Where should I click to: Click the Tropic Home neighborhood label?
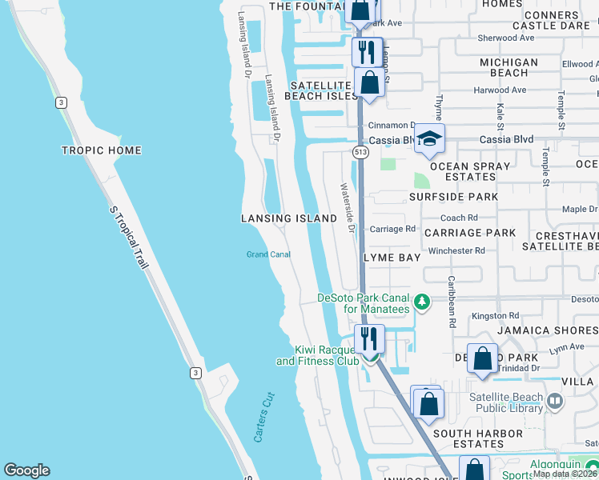tap(102, 150)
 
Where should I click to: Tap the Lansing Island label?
tap(289, 218)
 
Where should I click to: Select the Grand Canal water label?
tap(267, 254)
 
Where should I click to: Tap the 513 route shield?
tap(360, 150)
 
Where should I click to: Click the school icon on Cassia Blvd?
tap(429, 138)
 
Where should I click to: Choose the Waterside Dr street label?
tap(348, 206)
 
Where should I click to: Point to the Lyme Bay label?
tap(392, 258)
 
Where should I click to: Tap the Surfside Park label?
tap(452, 196)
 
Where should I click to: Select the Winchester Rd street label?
tap(457, 250)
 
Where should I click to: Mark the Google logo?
tap(26, 470)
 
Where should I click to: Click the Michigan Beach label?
tap(509, 67)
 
